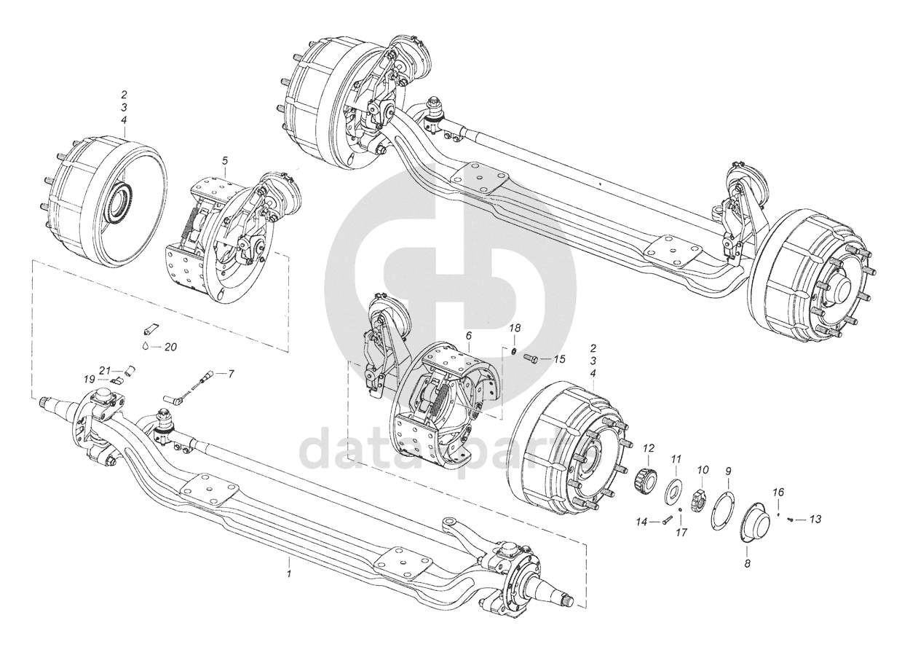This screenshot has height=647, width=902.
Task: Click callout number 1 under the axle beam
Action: point(289,574)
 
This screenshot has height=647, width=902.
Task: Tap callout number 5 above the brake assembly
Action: point(225,159)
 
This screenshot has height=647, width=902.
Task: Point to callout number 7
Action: point(232,374)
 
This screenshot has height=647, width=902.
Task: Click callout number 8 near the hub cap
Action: point(747,562)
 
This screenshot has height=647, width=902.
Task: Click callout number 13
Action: point(815,519)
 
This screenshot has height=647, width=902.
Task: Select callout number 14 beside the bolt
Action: point(641,521)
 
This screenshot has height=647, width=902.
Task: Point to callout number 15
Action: point(559,358)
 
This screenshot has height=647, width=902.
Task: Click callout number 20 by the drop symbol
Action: point(170,347)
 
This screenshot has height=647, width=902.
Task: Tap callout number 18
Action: point(514,329)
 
